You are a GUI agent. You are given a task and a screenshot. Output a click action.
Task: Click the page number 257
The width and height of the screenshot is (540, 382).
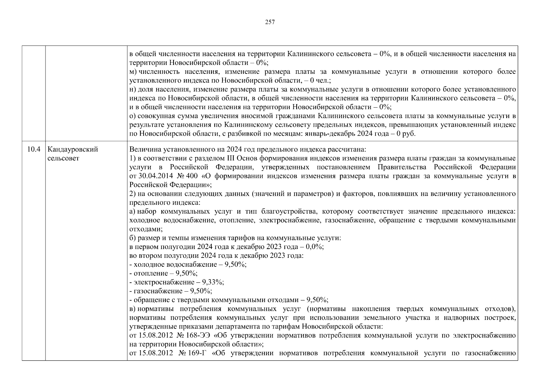click(270, 22)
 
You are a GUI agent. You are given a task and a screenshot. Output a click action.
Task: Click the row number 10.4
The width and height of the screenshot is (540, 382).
click(34, 149)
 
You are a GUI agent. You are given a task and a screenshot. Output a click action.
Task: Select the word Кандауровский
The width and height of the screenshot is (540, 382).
click(73, 149)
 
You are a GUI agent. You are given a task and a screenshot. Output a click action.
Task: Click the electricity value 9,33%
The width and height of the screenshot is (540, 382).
click(215, 282)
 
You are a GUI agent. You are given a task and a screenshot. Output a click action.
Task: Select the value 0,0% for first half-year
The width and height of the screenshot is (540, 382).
click(314, 247)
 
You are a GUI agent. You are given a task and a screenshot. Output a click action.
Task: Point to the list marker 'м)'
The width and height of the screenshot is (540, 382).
click(133, 72)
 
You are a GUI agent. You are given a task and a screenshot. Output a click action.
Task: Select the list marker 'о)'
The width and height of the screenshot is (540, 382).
click(133, 116)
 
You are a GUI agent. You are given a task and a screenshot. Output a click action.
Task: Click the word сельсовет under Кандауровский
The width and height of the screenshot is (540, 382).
click(63, 158)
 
